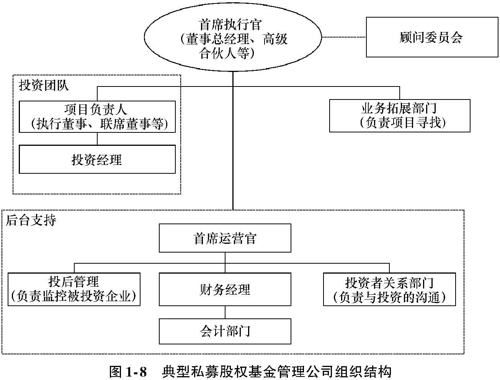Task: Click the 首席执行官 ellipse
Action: point(233,38)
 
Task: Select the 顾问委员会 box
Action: point(432,37)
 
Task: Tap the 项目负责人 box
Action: point(97,116)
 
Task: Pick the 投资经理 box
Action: point(97,159)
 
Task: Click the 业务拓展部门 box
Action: point(400,116)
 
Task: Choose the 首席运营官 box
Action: point(225,238)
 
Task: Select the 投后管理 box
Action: point(74,289)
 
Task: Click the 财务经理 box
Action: point(225,289)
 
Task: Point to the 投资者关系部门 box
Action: point(389,289)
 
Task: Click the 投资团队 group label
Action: point(44,85)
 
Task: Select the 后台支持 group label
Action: point(31,220)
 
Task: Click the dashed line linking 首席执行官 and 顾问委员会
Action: point(344,37)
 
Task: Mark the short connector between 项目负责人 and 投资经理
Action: point(97,139)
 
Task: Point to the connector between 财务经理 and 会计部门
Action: point(225,312)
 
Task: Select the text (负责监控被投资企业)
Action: point(74,296)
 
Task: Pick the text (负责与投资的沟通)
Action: point(389,297)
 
